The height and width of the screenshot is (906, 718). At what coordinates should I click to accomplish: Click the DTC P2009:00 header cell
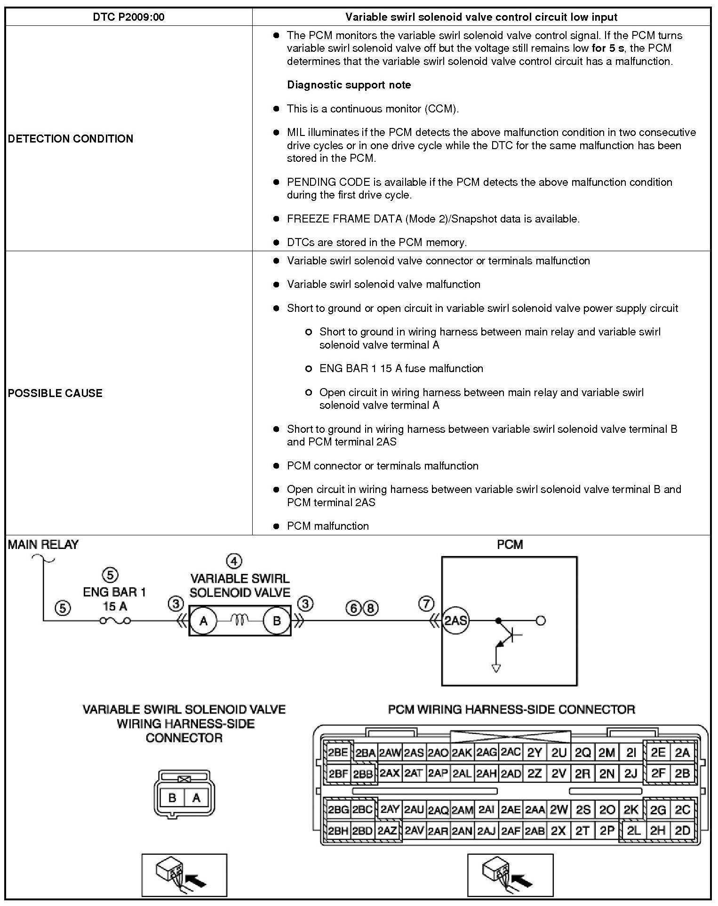point(128,17)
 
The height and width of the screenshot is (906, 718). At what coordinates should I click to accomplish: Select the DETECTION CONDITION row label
point(71,139)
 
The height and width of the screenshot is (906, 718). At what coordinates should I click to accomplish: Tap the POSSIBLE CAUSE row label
point(55,393)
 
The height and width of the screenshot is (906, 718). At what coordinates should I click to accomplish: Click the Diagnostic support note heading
point(349,85)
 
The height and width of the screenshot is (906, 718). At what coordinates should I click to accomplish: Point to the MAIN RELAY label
point(43,545)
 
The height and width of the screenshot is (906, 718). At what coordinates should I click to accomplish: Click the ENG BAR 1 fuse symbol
point(115,621)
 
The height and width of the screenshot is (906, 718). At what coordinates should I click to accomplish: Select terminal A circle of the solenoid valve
point(203,621)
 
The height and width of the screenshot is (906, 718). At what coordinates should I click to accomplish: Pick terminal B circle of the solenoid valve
point(276,621)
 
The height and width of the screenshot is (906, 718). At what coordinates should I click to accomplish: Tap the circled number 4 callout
point(234,561)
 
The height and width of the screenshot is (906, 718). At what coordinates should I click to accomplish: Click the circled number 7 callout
point(426,604)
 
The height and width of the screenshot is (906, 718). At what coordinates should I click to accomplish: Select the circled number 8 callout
point(370,608)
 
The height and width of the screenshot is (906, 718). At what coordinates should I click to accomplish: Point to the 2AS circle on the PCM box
point(455,621)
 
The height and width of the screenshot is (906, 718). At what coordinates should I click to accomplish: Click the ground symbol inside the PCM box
point(495,668)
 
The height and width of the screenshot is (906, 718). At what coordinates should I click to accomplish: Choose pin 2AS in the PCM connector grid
point(414,753)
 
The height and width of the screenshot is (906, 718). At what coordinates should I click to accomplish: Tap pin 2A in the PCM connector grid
point(682,753)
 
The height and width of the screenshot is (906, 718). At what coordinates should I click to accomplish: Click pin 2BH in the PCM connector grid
point(338,831)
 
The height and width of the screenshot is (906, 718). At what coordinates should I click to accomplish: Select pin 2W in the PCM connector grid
point(558,810)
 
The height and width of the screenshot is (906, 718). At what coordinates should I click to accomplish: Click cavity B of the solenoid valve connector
point(172,797)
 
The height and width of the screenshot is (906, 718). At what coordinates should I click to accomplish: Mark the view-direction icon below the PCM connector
point(510,875)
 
